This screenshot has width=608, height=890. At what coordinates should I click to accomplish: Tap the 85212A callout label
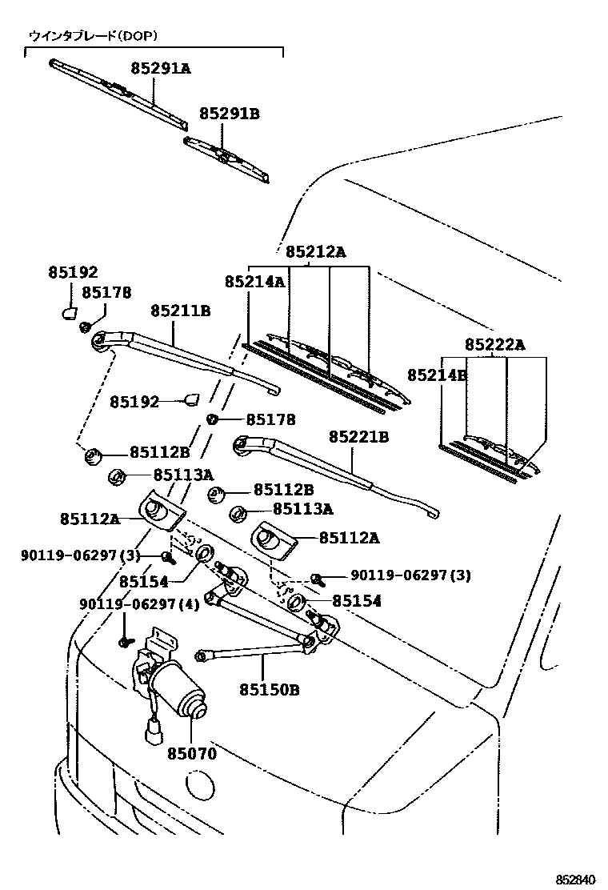(x=315, y=252)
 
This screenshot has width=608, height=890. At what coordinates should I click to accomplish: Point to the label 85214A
(x=254, y=282)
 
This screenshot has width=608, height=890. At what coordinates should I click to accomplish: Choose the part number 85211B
(x=180, y=310)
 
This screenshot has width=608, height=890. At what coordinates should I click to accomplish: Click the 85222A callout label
(x=494, y=345)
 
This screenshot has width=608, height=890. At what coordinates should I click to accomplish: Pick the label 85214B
(x=436, y=375)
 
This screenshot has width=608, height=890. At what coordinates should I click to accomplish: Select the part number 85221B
(x=358, y=436)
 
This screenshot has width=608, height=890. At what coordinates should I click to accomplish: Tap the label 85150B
(x=268, y=688)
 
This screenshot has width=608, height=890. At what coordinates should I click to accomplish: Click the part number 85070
(x=192, y=753)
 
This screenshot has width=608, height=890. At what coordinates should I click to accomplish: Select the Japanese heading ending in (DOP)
(x=93, y=36)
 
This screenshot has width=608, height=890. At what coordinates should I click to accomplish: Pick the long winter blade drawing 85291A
(x=118, y=93)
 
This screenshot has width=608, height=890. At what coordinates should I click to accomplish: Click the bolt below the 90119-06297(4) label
(x=125, y=641)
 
